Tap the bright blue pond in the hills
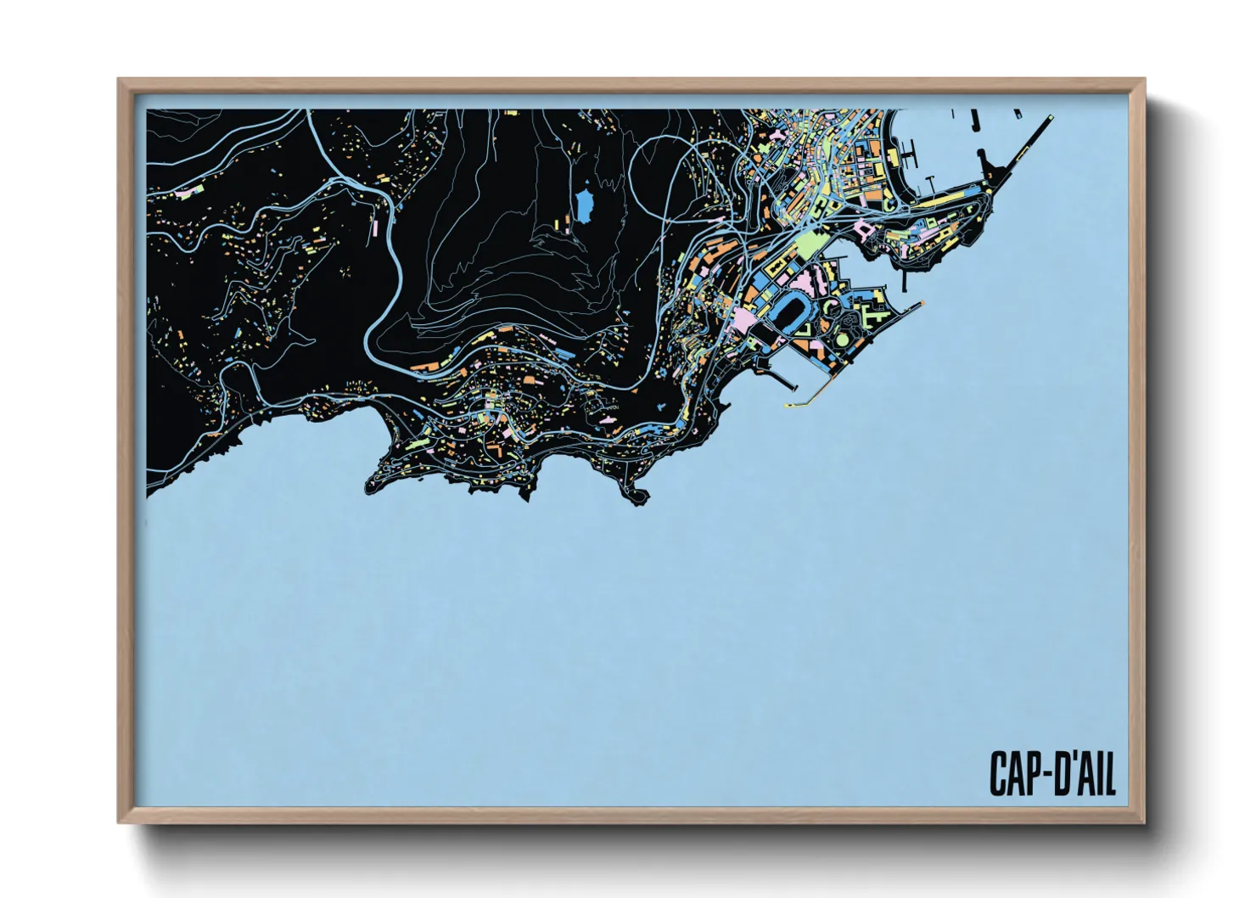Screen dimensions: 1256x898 585,205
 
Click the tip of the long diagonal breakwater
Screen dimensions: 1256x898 1050,117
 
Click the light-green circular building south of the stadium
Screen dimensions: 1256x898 841,340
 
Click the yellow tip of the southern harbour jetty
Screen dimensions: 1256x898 789,406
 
